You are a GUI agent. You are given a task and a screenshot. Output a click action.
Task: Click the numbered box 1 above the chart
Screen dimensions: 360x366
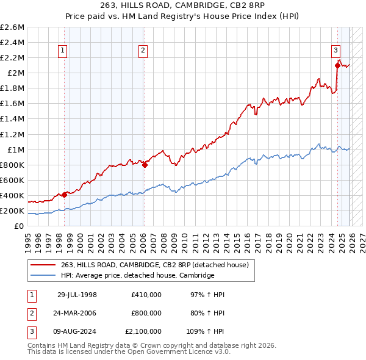pyautogui.click(x=64, y=51)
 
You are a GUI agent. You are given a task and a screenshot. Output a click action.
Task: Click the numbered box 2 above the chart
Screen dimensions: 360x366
pyautogui.click(x=143, y=51)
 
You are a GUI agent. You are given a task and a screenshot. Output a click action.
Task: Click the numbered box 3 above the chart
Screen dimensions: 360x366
pyautogui.click(x=336, y=51)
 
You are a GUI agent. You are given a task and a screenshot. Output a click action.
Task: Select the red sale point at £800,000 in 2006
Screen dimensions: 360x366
pyautogui.click(x=145, y=165)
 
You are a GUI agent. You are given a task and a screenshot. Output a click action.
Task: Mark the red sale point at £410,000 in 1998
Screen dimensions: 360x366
pyautogui.click(x=65, y=195)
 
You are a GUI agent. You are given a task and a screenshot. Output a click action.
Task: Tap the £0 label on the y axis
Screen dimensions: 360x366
pyautogui.click(x=20, y=226)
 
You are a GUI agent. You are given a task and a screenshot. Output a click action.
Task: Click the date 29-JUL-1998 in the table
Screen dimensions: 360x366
pyautogui.click(x=77, y=295)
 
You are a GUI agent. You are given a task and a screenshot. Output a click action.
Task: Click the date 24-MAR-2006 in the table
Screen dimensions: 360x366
pyautogui.click(x=77, y=313)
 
